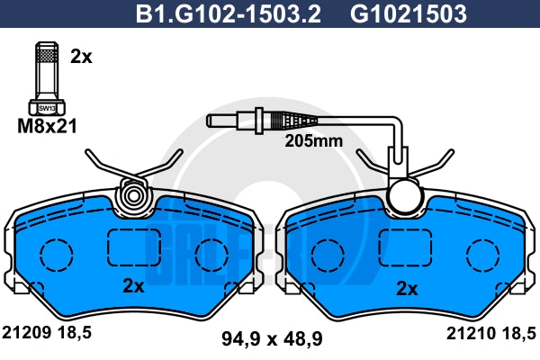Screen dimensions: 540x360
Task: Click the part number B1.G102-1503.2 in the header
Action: click(x=228, y=13)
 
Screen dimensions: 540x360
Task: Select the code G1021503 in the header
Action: click(x=409, y=13)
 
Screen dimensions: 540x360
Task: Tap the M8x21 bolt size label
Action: click(x=47, y=126)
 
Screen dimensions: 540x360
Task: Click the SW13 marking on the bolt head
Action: click(x=47, y=108)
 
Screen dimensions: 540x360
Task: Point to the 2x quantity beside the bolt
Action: click(x=81, y=57)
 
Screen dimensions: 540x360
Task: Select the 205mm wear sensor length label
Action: click(x=314, y=141)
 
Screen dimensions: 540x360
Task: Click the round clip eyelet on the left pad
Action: click(x=132, y=196)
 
